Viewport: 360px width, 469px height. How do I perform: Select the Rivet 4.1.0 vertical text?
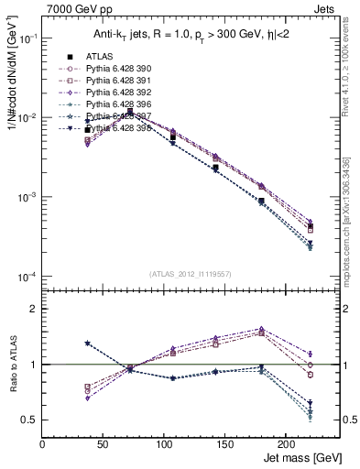pyautogui.click(x=353, y=73)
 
